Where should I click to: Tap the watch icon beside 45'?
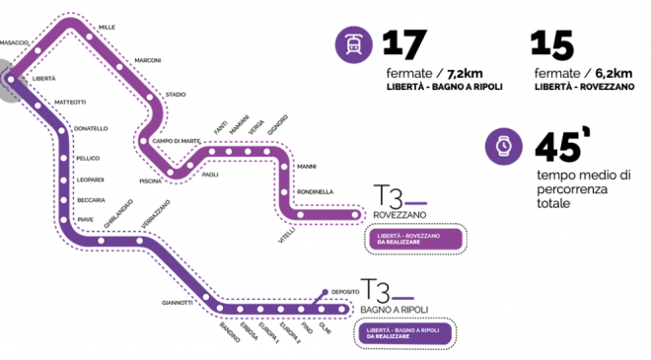point(503,146)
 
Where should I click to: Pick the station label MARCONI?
point(148,59)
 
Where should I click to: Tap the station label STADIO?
point(176,94)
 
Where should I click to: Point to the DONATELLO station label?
point(91,129)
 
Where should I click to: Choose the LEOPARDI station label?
point(91,180)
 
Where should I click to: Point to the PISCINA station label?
point(152,181)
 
